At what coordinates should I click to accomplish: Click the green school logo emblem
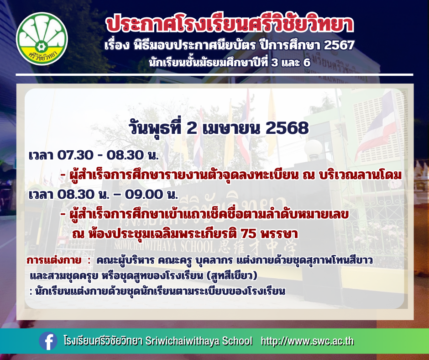[x=42, y=39]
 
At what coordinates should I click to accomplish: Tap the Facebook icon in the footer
[x=48, y=341]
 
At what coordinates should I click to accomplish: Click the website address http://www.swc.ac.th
[x=307, y=341]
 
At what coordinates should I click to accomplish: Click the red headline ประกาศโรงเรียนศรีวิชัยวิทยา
[x=230, y=25]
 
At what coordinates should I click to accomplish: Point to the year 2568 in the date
[x=287, y=128]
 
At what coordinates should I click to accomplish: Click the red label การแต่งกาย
[x=54, y=260]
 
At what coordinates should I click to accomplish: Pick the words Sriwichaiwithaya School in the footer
[x=199, y=341]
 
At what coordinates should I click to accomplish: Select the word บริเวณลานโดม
[x=361, y=175]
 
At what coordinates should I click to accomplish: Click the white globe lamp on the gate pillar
[x=313, y=149]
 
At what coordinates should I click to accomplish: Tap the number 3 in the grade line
[x=274, y=63]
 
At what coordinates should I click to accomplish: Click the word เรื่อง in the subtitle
[x=117, y=45]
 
